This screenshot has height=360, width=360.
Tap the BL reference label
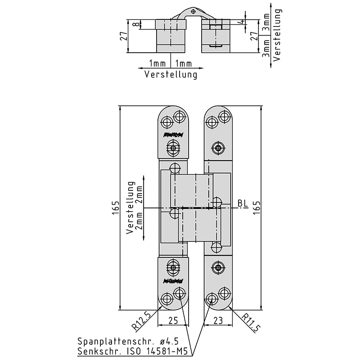click(243, 203)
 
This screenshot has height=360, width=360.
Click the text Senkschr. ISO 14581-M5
click(132, 351)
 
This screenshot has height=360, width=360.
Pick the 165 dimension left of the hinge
click(116, 208)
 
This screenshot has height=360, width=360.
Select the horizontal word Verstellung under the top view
click(171, 75)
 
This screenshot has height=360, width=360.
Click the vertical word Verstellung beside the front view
click(131, 207)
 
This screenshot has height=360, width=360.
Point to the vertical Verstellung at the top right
click(277, 34)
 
